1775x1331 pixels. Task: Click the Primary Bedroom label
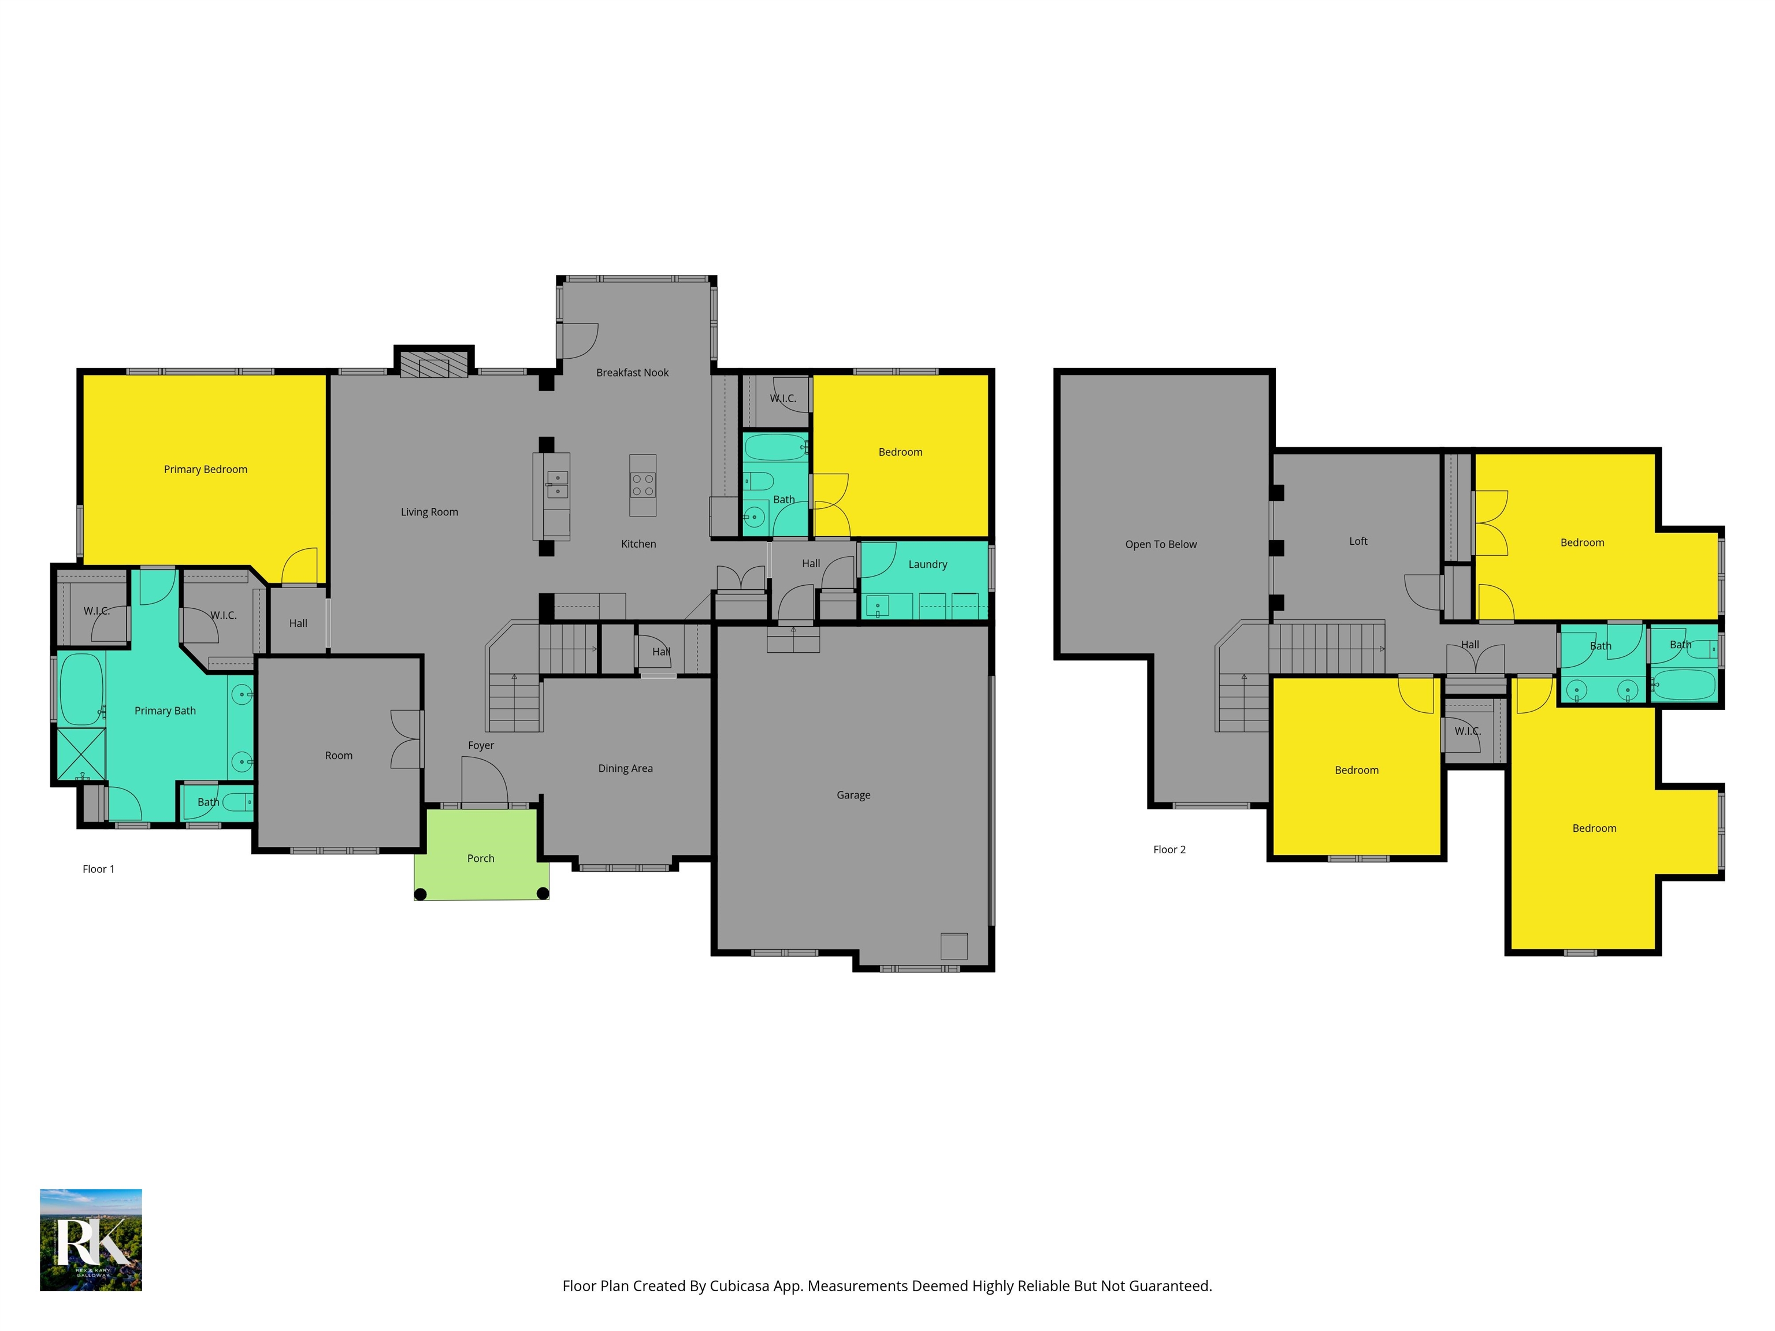pos(206,469)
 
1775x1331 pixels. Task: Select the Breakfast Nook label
pos(632,372)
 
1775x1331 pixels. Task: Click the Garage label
pos(853,795)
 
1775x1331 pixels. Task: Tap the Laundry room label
pos(927,564)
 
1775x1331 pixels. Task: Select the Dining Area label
pos(625,768)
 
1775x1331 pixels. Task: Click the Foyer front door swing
pos(484,780)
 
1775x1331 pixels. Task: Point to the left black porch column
pos(419,894)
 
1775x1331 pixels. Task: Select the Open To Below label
pos(1160,544)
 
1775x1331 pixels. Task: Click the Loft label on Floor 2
pos(1358,541)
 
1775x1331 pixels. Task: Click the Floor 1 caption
pos(99,869)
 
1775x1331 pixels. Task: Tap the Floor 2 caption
pos(1169,850)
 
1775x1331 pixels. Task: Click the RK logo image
pos(91,1240)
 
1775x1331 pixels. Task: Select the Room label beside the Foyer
pos(339,756)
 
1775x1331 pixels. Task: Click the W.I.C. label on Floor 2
pos(1468,731)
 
